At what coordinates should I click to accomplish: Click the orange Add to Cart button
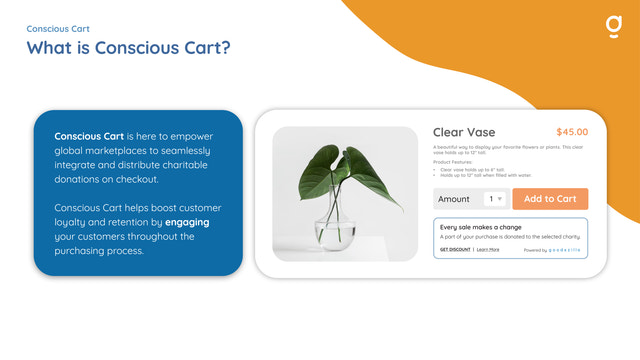coord(550,199)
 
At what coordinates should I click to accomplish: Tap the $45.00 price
coord(572,132)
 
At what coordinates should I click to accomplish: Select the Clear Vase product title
coord(463,132)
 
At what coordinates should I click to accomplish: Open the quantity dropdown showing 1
coord(496,199)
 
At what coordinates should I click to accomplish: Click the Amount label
coord(455,199)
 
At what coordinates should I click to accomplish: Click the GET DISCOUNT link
coord(455,249)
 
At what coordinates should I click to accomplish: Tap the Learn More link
coord(488,249)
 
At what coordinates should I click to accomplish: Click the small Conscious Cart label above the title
coord(58,29)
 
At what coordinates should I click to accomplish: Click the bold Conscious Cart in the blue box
coord(89,135)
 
